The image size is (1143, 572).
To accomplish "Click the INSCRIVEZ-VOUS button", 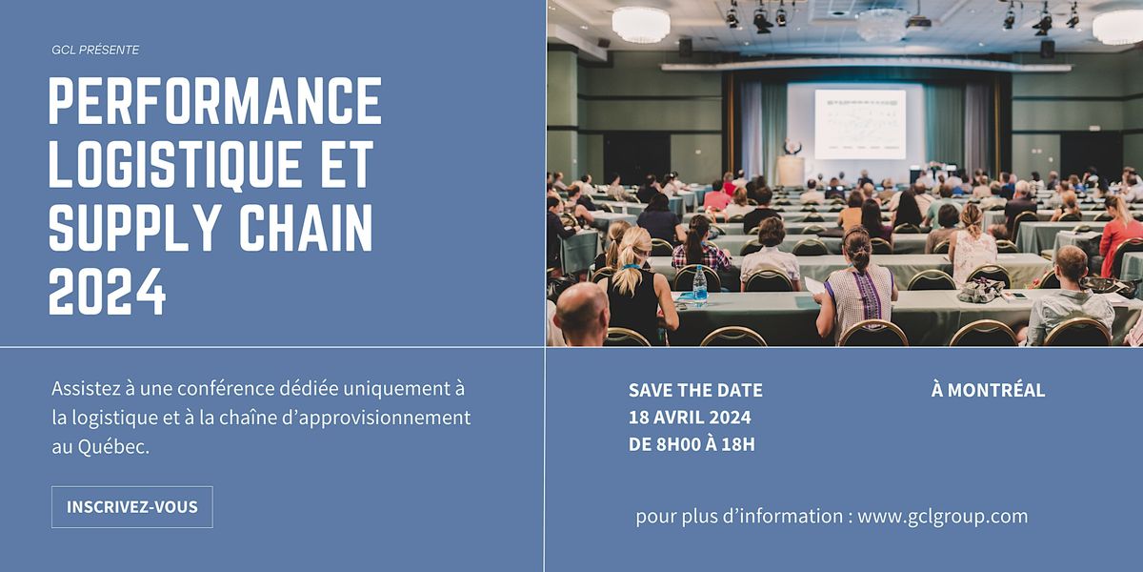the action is tap(132, 506).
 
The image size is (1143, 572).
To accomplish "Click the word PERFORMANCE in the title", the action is tap(215, 101).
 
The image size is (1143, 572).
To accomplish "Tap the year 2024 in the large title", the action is tap(107, 292).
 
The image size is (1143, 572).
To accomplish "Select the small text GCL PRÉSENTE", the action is tap(95, 50).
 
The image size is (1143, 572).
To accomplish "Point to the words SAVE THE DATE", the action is tap(695, 390).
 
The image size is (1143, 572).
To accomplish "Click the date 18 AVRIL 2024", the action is tap(690, 418).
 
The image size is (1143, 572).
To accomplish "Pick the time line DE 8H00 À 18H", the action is tap(692, 444).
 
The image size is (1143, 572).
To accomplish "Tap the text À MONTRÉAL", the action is tap(988, 390).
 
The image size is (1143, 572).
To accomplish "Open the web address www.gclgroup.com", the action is tap(942, 516).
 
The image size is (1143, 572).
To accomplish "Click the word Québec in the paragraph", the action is tap(113, 447).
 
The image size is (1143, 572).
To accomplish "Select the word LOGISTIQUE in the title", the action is tap(174, 164).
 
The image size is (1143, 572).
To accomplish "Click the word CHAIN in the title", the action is tap(306, 227).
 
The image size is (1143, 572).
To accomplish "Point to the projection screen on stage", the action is tap(860, 124).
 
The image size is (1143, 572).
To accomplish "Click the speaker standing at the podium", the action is tap(792, 147).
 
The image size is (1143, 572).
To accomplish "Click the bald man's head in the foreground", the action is tap(582, 308).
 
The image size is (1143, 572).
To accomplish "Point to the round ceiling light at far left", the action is tap(641, 25).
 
